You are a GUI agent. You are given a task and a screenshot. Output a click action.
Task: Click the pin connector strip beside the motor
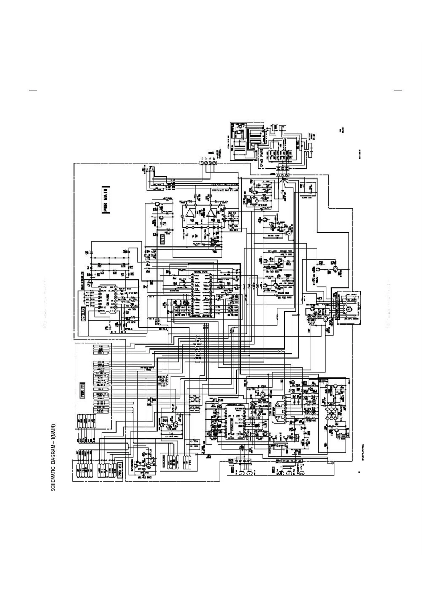[x=336, y=308]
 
